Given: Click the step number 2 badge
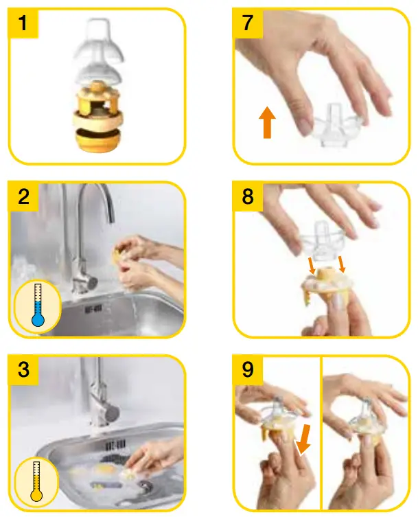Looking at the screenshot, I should pos(24,198).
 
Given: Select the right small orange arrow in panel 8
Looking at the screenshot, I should pos(342,264).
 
